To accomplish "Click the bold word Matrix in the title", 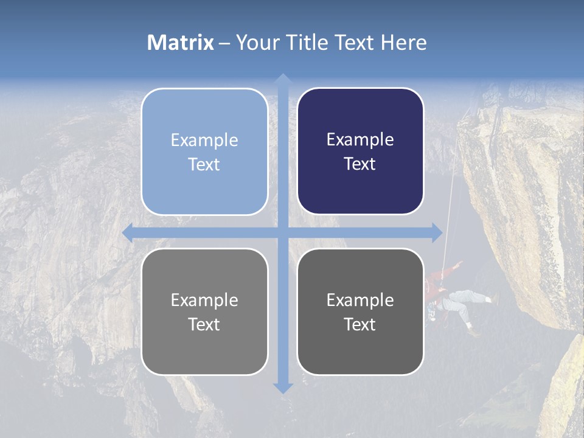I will pos(181,43).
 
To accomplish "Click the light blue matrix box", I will pos(204,151).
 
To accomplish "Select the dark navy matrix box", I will pos(360,151).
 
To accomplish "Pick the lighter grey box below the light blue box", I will pos(204,311).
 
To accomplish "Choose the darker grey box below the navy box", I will pos(360,311).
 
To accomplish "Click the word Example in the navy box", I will pos(360,140).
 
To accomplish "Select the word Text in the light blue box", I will pos(204,165).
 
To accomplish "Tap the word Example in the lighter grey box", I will pos(204,300).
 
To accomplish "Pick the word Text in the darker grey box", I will pos(360,325).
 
